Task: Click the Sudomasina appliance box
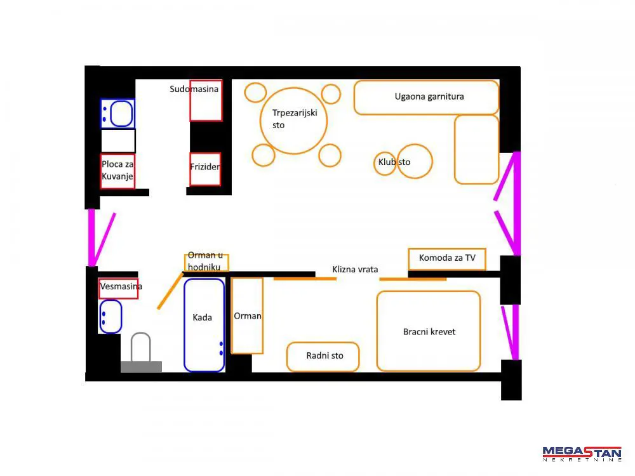pyautogui.click(x=206, y=100)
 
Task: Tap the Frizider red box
pyautogui.click(x=205, y=169)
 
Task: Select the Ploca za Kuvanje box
pyautogui.click(x=117, y=171)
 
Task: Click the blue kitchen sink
pyautogui.click(x=117, y=114)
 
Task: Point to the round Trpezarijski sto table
pyautogui.click(x=293, y=121)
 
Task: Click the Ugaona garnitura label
pyautogui.click(x=429, y=96)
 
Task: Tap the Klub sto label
pyautogui.click(x=394, y=162)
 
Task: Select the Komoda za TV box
pyautogui.click(x=447, y=259)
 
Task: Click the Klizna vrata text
pyautogui.click(x=355, y=269)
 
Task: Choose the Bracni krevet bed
pyautogui.click(x=429, y=331)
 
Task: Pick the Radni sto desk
pyautogui.click(x=323, y=357)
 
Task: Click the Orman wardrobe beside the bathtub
pyautogui.click(x=247, y=315)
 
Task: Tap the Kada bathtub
pyautogui.click(x=204, y=324)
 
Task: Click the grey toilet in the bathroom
pyautogui.click(x=141, y=352)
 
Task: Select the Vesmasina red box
pyautogui.click(x=119, y=289)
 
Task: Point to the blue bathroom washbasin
pyautogui.click(x=110, y=317)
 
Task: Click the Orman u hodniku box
pyautogui.click(x=206, y=262)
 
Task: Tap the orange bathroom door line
pyautogui.click(x=170, y=291)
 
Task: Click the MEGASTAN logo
pyautogui.click(x=582, y=453)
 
